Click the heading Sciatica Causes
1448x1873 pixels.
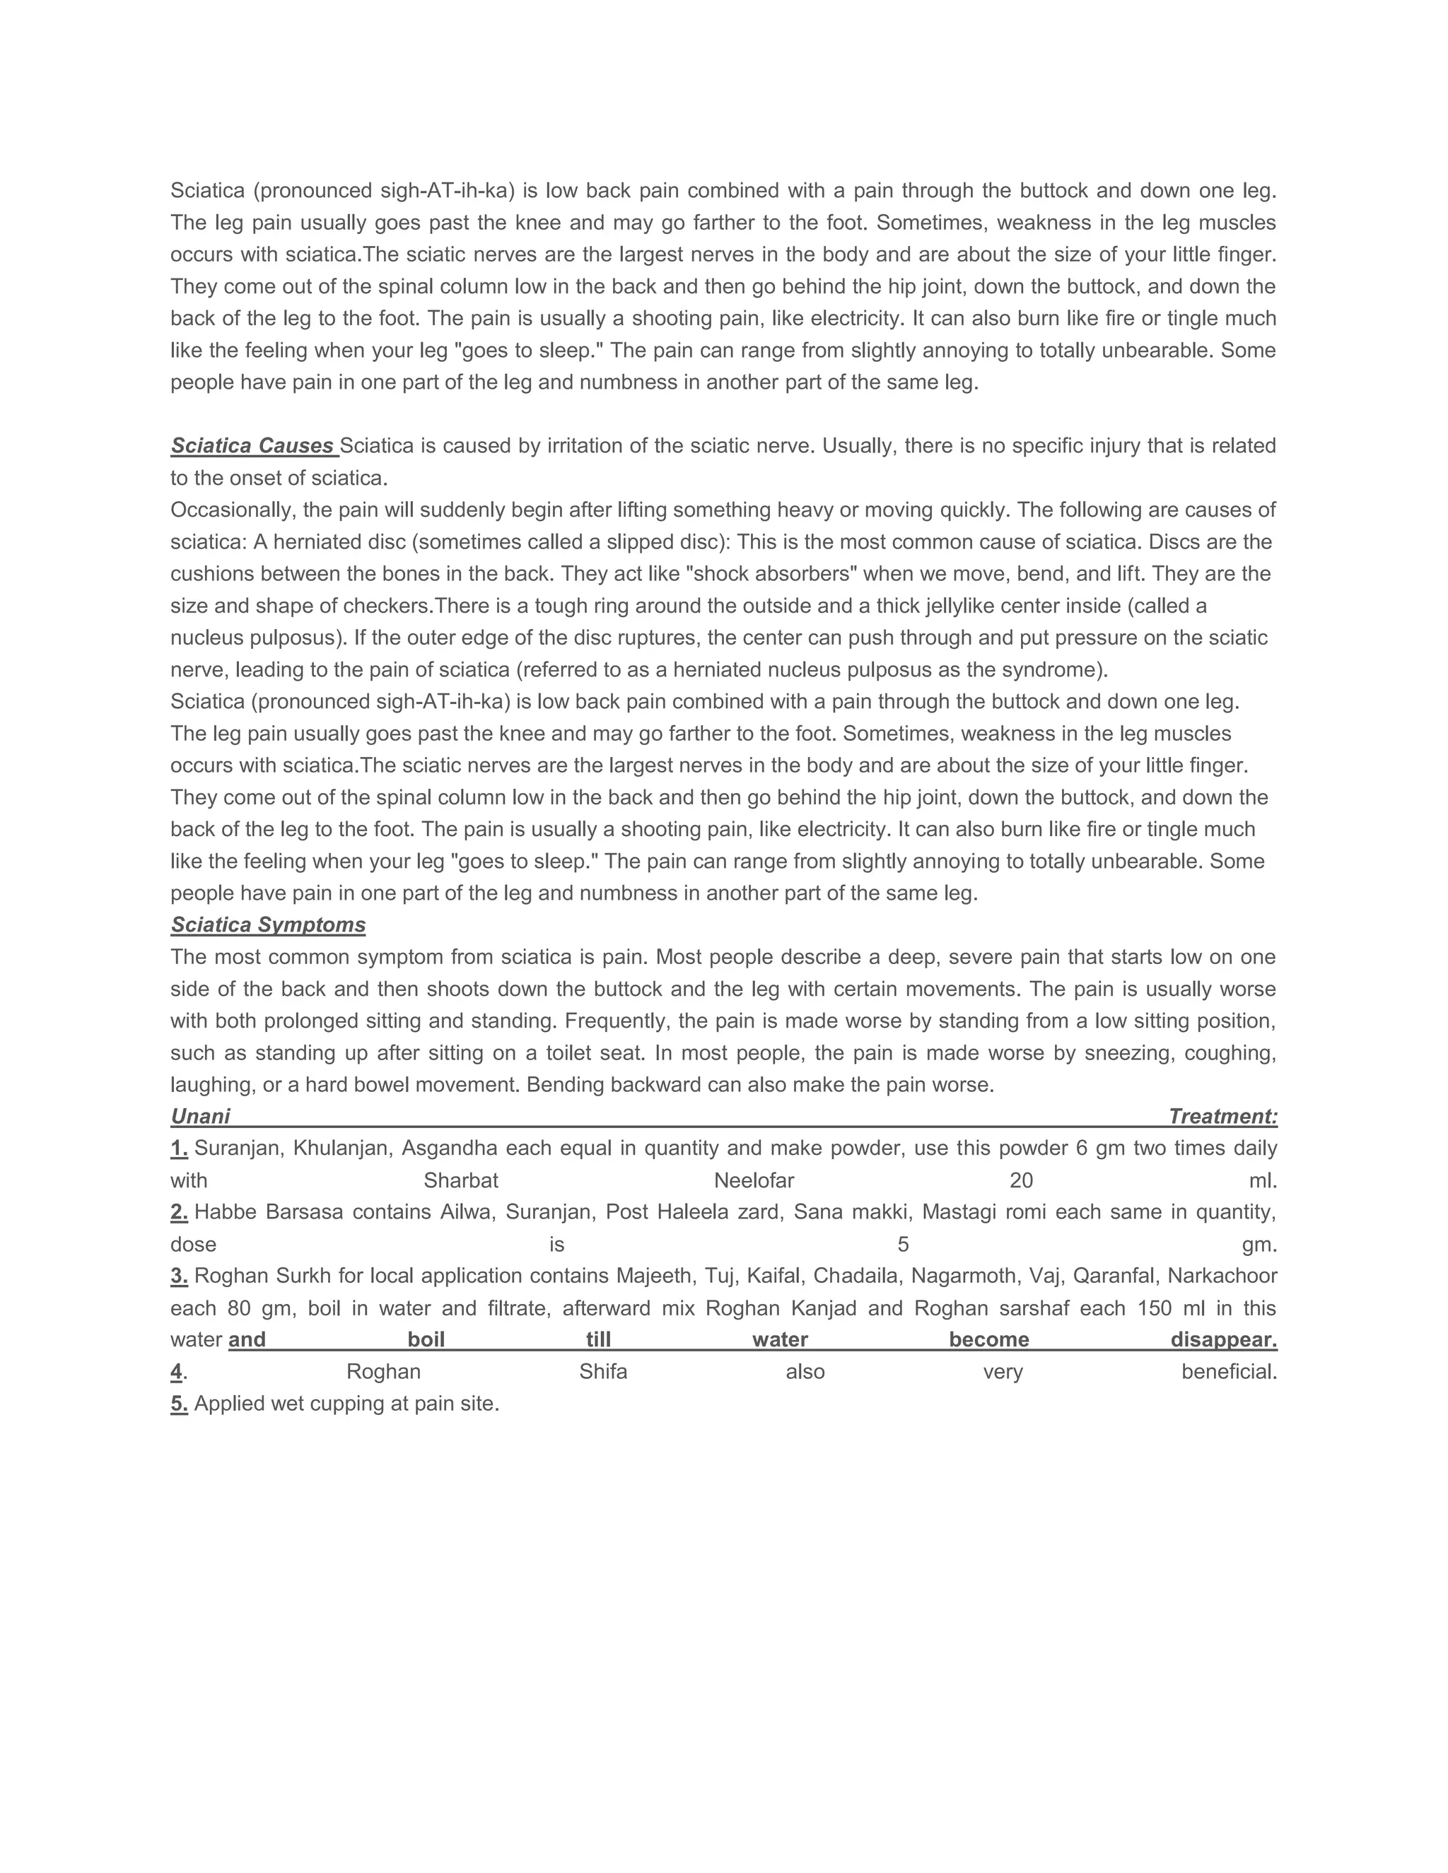pyautogui.click(x=252, y=446)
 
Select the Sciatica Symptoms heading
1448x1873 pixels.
pyautogui.click(x=268, y=924)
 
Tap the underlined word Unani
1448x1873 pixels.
pyautogui.click(x=200, y=1117)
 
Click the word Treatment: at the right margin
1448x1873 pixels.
pyautogui.click(x=1222, y=1117)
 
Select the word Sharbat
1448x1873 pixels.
pyautogui.click(x=461, y=1181)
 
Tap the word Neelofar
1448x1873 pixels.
pyautogui.click(x=754, y=1181)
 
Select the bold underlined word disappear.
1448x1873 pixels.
pyautogui.click(x=1223, y=1340)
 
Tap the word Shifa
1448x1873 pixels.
pyautogui.click(x=603, y=1372)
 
